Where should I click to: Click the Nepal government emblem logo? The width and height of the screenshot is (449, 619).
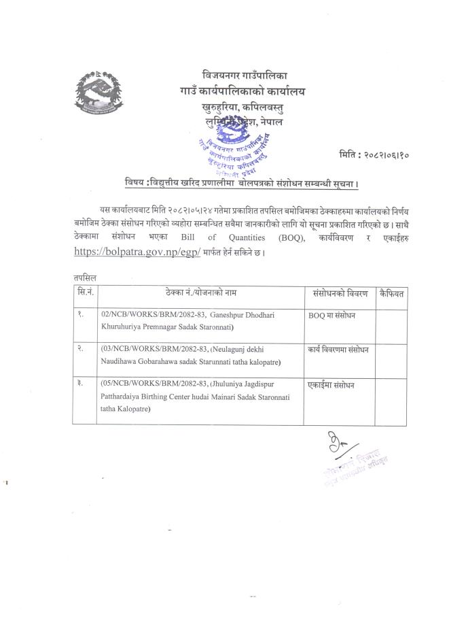(101, 93)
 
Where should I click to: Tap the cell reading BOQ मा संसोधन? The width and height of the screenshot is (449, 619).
(333, 315)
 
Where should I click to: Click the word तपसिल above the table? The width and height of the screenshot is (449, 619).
(85, 278)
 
